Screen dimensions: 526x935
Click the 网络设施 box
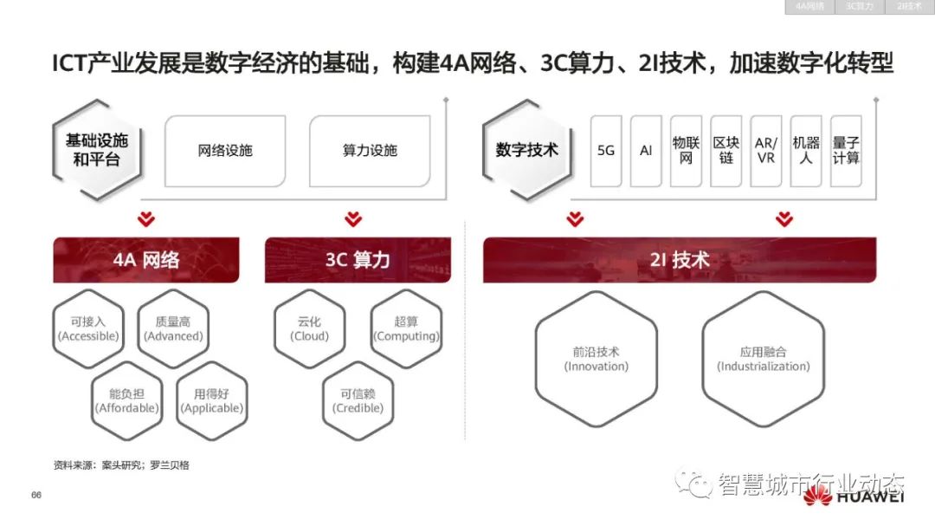(225, 151)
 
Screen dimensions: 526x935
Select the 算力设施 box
(370, 151)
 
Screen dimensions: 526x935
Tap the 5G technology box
(606, 151)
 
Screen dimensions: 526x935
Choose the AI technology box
(646, 151)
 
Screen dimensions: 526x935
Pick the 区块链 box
(725, 151)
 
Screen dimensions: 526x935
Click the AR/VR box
(765, 151)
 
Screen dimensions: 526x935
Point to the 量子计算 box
(846, 151)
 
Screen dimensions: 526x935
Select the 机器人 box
(806, 151)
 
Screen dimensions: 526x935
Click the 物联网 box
(686, 151)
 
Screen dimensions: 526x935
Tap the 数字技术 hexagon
(527, 150)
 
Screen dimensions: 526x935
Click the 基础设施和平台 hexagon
(96, 150)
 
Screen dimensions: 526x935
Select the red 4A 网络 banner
(146, 259)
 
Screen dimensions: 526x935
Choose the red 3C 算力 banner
(358, 259)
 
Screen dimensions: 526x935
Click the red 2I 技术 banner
(680, 259)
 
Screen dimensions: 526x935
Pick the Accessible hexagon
(88, 328)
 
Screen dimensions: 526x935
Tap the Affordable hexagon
(127, 400)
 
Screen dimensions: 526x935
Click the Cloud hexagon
(309, 328)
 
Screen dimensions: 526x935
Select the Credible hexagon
(358, 400)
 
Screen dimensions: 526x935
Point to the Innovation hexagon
(596, 359)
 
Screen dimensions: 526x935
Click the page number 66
(36, 495)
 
